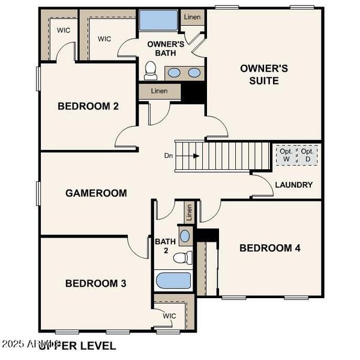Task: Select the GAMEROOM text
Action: (x=96, y=193)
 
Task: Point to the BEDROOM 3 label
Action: (x=95, y=283)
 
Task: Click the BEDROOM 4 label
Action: (x=270, y=248)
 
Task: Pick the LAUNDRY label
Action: (x=294, y=185)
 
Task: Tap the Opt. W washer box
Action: (x=286, y=155)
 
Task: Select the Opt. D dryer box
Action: (x=308, y=155)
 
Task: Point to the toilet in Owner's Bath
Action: (x=151, y=71)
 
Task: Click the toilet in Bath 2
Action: (x=182, y=258)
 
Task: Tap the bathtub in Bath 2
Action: (x=173, y=281)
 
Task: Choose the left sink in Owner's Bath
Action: (x=173, y=73)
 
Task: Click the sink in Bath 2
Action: (x=185, y=235)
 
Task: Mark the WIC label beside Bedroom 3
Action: (x=169, y=316)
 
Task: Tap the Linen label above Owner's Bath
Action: (x=193, y=17)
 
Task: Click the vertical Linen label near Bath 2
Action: (x=189, y=211)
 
